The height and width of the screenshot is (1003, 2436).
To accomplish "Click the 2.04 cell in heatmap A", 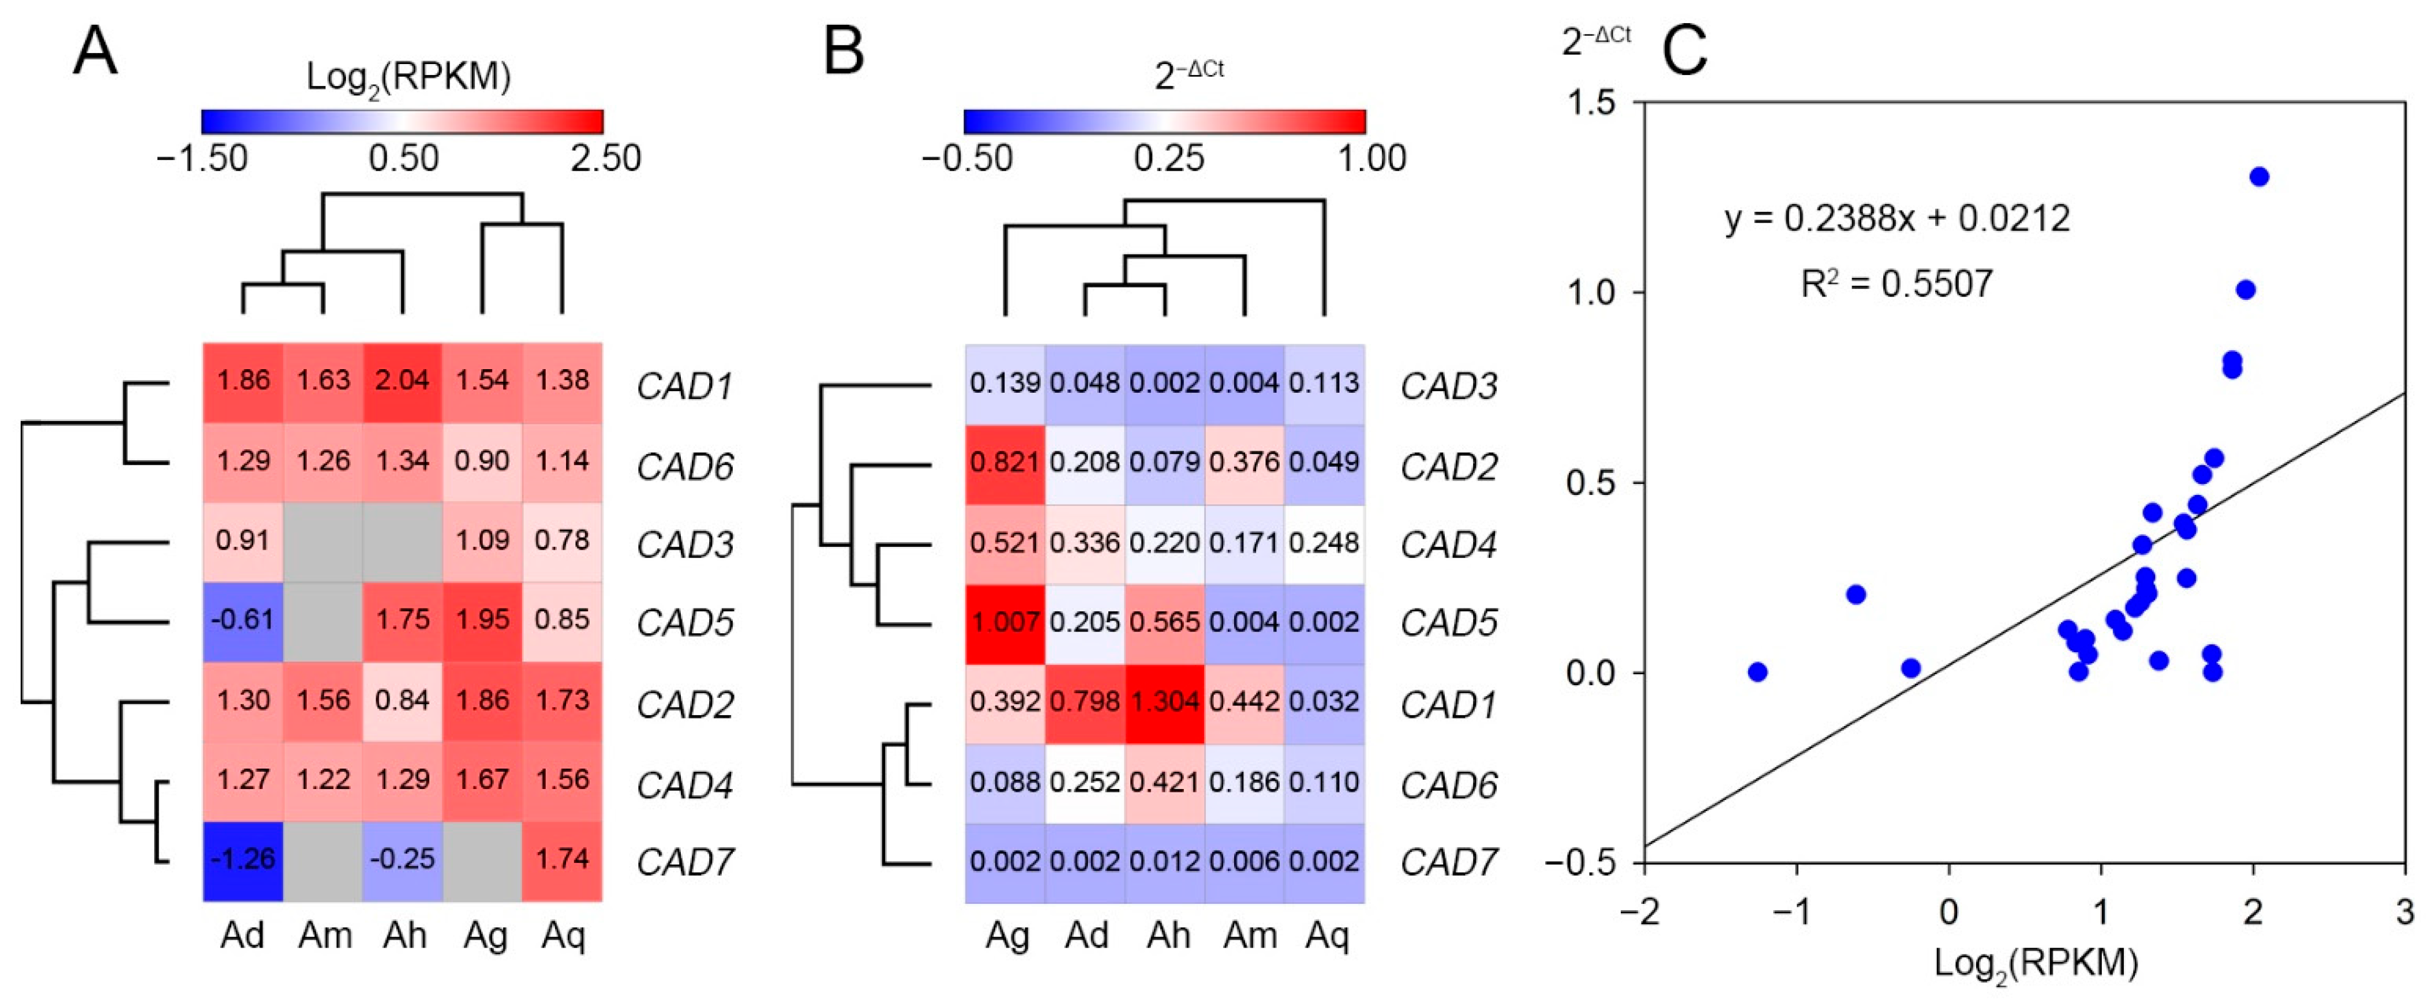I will [403, 381].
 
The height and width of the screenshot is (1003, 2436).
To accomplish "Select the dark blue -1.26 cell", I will [243, 859].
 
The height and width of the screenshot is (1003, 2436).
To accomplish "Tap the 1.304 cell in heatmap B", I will [1164, 703].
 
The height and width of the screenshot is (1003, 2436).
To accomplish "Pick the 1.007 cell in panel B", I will [1005, 623].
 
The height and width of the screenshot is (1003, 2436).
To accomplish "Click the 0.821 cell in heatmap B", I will [1005, 463].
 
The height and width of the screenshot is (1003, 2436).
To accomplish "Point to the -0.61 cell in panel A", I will [243, 620].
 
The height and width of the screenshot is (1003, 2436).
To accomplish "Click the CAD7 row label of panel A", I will [685, 862].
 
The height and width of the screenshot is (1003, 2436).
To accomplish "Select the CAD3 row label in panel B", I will [1449, 386].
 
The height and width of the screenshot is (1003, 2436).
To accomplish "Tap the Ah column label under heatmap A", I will [404, 936].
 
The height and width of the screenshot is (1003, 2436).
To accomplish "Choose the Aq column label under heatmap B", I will [1326, 936].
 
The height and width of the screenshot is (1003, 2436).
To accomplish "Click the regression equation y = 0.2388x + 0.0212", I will [1897, 219].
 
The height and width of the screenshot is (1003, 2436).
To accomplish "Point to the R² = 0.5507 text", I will [1897, 284].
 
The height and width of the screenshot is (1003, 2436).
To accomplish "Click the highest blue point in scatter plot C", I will [2259, 176].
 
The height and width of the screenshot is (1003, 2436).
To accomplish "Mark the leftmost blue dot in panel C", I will [1757, 672].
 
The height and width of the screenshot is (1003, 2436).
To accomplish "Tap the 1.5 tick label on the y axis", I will [1591, 102].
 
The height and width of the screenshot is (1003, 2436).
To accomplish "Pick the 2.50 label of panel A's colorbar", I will [605, 158].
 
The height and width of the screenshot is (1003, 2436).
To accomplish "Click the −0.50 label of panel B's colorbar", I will [966, 158].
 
